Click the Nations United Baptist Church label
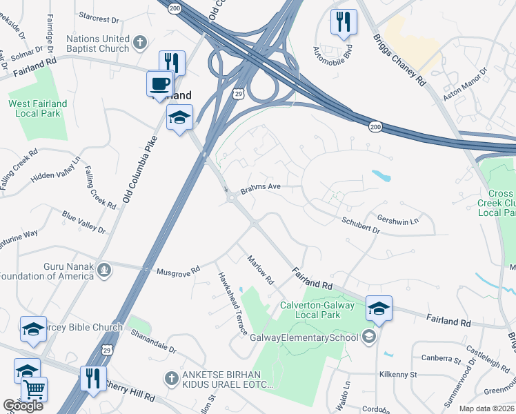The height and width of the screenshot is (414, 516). [97, 43]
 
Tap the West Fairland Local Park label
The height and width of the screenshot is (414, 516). [37, 108]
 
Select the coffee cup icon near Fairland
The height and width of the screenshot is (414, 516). [159, 85]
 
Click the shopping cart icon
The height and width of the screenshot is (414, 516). [34, 390]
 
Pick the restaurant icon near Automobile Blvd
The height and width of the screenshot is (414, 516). [344, 22]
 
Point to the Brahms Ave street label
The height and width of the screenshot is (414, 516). [260, 187]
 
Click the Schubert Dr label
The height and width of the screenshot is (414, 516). [361, 224]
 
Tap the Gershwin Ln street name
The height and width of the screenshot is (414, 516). [397, 219]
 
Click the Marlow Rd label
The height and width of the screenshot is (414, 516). [261, 270]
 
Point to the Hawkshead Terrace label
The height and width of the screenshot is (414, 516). [232, 303]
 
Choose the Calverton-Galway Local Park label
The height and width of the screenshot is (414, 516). [317, 310]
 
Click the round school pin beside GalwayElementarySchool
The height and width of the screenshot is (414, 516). [369, 336]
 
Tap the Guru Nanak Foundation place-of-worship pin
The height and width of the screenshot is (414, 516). [103, 268]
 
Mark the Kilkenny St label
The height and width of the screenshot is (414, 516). [398, 374]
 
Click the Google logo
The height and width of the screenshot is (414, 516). [23, 406]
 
